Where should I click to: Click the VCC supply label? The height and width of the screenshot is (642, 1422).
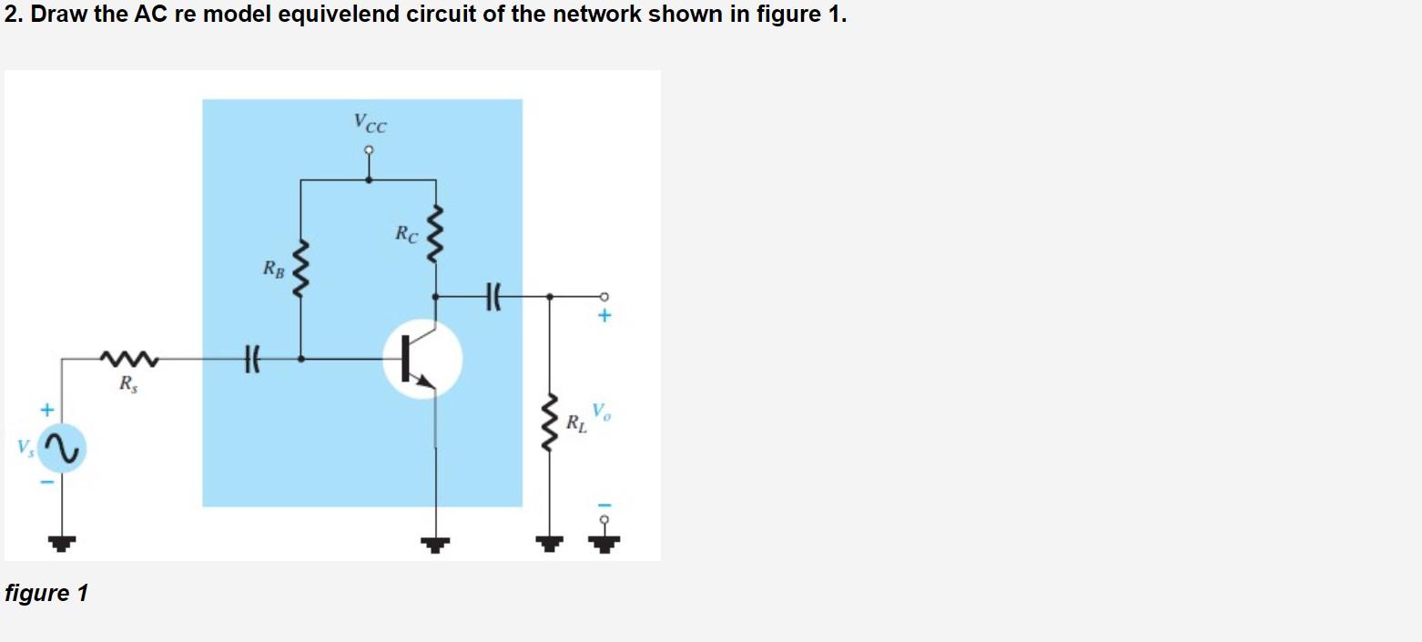(370, 122)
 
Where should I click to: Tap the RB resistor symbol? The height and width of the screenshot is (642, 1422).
(301, 269)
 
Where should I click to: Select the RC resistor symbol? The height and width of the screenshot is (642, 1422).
(436, 234)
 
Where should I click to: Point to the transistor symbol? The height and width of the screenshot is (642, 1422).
(422, 360)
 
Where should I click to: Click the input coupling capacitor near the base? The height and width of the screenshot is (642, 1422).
(252, 359)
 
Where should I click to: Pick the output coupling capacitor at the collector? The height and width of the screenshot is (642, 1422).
(494, 295)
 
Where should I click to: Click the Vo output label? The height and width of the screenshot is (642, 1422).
(602, 411)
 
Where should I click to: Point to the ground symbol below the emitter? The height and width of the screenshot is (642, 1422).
(436, 544)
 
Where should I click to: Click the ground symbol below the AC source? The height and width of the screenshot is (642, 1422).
(62, 544)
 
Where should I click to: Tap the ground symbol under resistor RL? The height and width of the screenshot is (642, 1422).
(548, 544)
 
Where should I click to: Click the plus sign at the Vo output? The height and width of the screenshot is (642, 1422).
(604, 317)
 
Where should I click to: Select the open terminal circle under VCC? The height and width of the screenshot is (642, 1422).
(369, 151)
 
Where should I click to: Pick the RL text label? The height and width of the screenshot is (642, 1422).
(576, 423)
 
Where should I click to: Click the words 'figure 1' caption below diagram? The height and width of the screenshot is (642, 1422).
(46, 594)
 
